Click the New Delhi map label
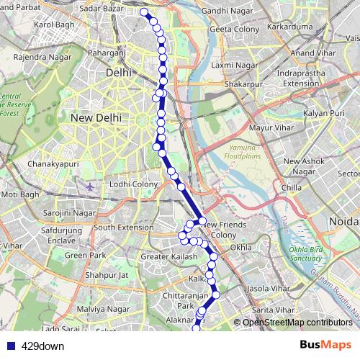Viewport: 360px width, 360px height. coord(94,117)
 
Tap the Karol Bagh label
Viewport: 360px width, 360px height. coord(54,24)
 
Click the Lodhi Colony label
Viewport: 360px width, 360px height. coord(134,185)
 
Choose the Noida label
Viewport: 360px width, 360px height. coord(341,222)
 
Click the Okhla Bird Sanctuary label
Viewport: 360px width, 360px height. coord(308,254)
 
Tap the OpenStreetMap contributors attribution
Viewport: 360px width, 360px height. coord(297,322)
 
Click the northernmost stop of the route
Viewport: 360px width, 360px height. coord(144,12)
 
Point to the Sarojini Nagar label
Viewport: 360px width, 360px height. coord(70,215)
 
